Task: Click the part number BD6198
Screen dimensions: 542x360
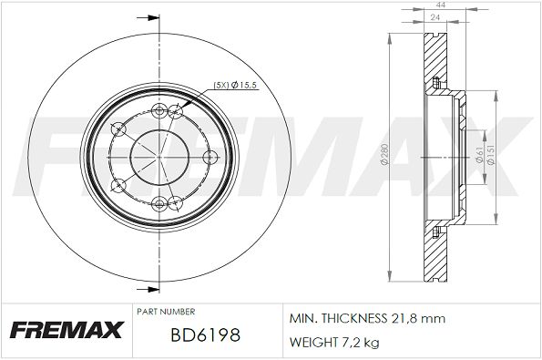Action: click(x=205, y=335)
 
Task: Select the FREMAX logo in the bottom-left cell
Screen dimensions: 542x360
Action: click(x=67, y=330)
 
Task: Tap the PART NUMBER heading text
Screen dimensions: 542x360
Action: click(x=166, y=312)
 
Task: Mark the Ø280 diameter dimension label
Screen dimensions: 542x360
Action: click(x=384, y=154)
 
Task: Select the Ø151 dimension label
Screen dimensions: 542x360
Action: click(x=492, y=154)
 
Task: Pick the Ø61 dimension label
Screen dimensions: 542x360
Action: click(x=479, y=155)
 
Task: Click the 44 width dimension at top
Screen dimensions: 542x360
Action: click(x=441, y=5)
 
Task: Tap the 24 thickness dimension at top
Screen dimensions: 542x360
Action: click(x=435, y=17)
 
